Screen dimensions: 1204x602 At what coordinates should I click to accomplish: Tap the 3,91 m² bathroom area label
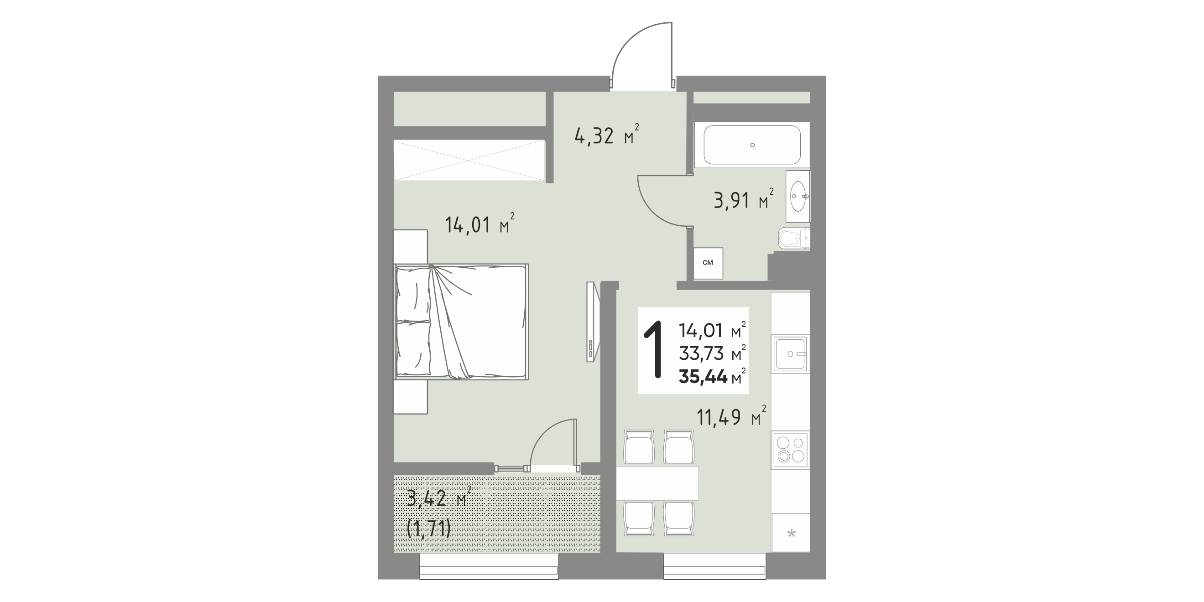click(743, 200)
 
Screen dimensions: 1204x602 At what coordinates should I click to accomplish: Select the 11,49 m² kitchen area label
click(731, 416)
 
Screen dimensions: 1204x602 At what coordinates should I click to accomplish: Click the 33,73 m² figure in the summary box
click(712, 353)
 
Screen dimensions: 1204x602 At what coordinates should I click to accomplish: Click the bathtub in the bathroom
click(752, 145)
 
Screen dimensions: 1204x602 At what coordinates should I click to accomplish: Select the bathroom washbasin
click(798, 196)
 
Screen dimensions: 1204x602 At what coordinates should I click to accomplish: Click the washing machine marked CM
click(708, 263)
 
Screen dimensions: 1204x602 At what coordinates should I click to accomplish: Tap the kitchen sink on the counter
click(790, 354)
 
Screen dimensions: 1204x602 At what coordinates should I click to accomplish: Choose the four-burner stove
click(790, 450)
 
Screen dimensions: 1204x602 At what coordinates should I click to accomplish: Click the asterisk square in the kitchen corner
click(791, 532)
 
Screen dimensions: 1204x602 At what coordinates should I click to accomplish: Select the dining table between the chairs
click(657, 483)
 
